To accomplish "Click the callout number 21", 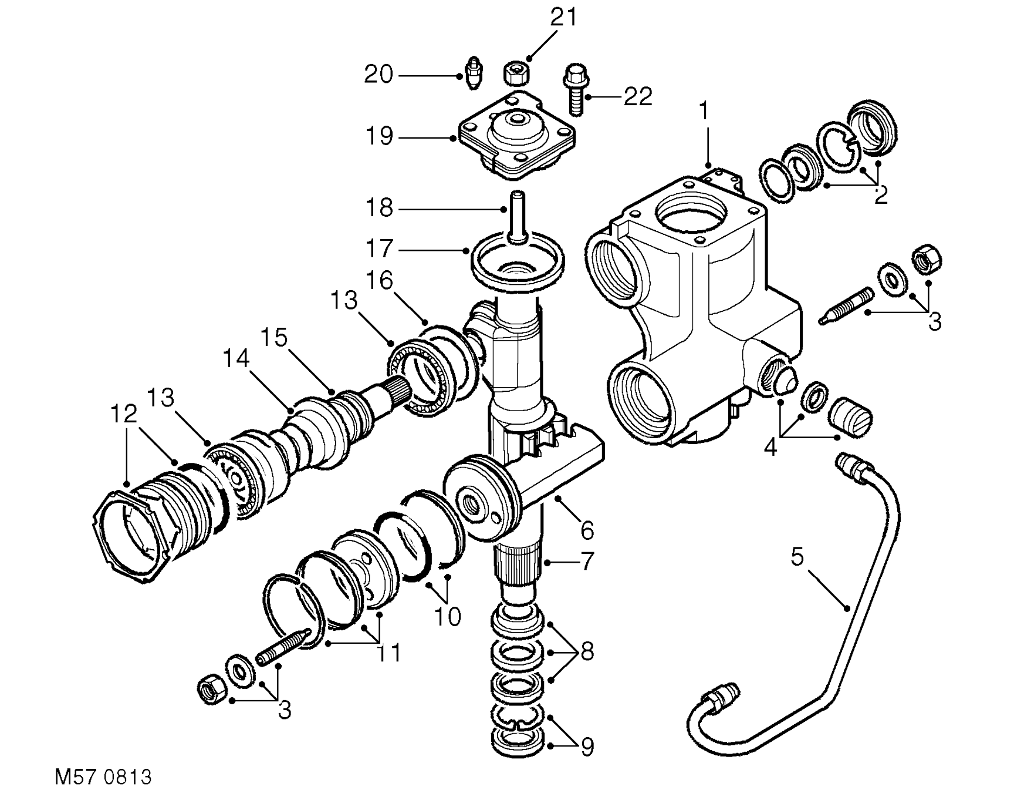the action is pos(563,18).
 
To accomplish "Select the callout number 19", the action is pos(378,136).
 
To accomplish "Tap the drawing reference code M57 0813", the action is pos(103,777).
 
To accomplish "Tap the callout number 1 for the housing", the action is pos(704,110).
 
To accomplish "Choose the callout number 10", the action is pos(447,617).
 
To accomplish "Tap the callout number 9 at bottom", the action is pos(587,747).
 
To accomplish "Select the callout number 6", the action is pos(587,531).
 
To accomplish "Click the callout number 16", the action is pos(379,280).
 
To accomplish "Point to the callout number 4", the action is pos(770,448).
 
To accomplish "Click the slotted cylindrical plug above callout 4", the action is pos(851,415).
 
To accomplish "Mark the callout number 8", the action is pos(587,651).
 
